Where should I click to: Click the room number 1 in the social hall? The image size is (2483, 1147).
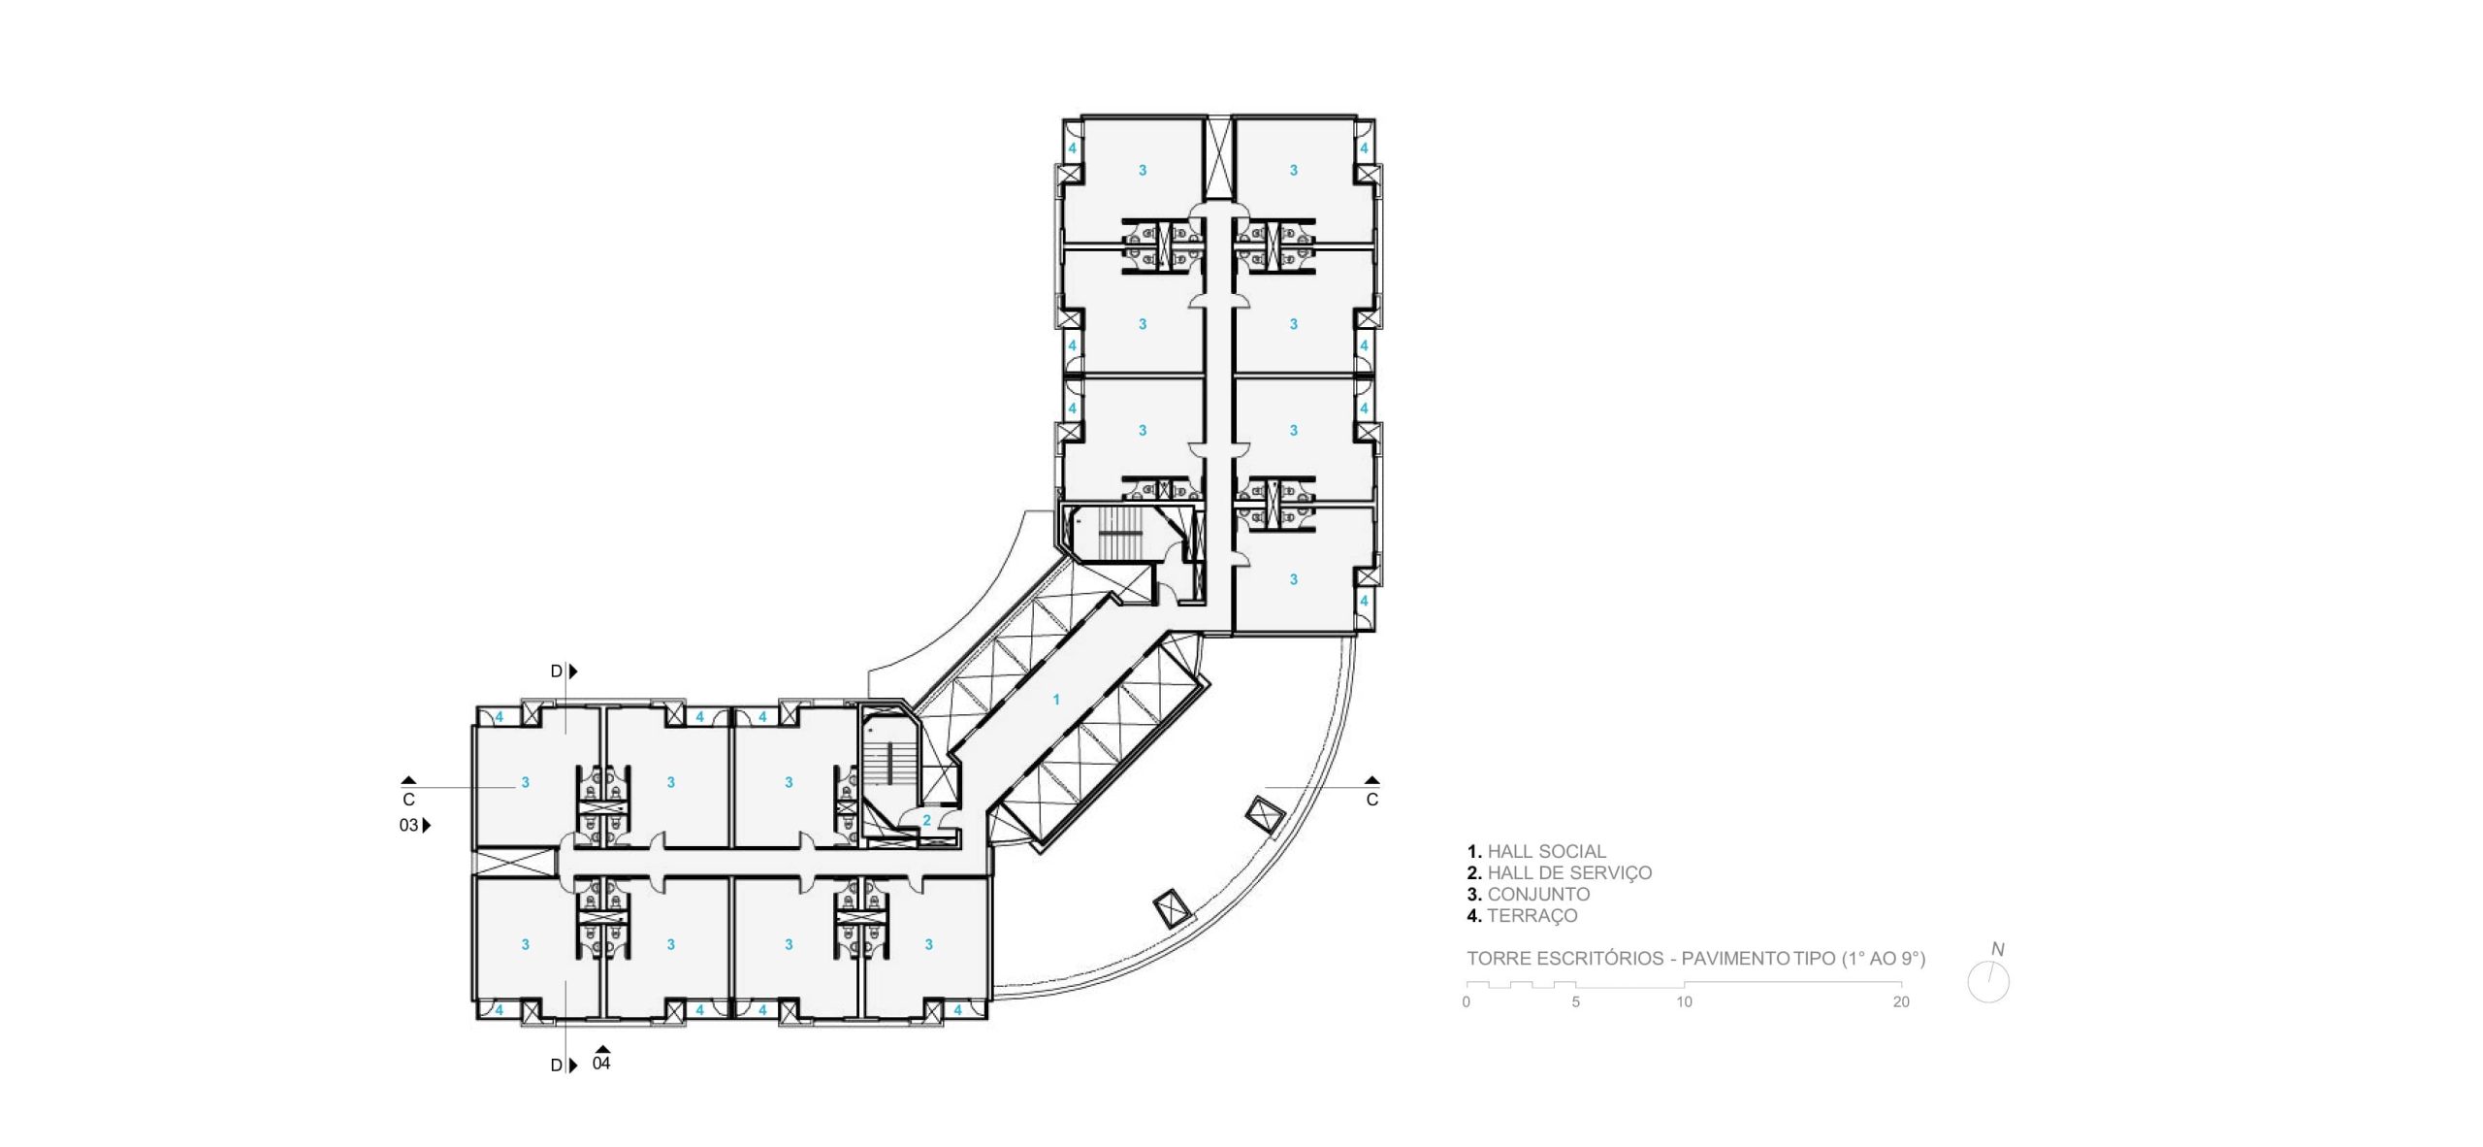(x=1056, y=700)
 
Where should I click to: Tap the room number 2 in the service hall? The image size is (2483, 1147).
(x=926, y=821)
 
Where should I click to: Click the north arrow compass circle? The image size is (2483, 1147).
(x=1988, y=983)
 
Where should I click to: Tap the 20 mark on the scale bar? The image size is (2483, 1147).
(x=1901, y=1002)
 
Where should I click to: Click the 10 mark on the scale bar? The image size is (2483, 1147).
(x=1684, y=1002)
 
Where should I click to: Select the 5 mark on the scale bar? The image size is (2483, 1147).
(x=1575, y=1002)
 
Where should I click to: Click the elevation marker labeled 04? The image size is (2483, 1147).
(x=601, y=1064)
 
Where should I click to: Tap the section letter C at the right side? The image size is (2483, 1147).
(x=1371, y=801)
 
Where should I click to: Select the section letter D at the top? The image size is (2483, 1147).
(x=557, y=672)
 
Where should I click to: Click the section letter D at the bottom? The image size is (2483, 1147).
(x=557, y=1065)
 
